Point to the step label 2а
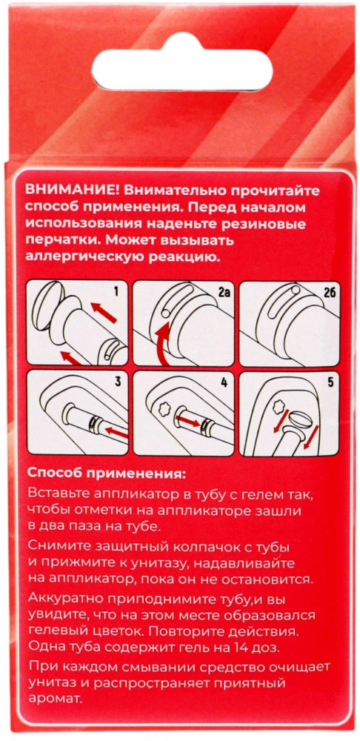[x=224, y=298]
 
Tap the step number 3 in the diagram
[x=118, y=382]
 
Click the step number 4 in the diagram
[x=224, y=382]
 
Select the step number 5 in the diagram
[x=330, y=382]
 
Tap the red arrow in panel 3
[x=116, y=431]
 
